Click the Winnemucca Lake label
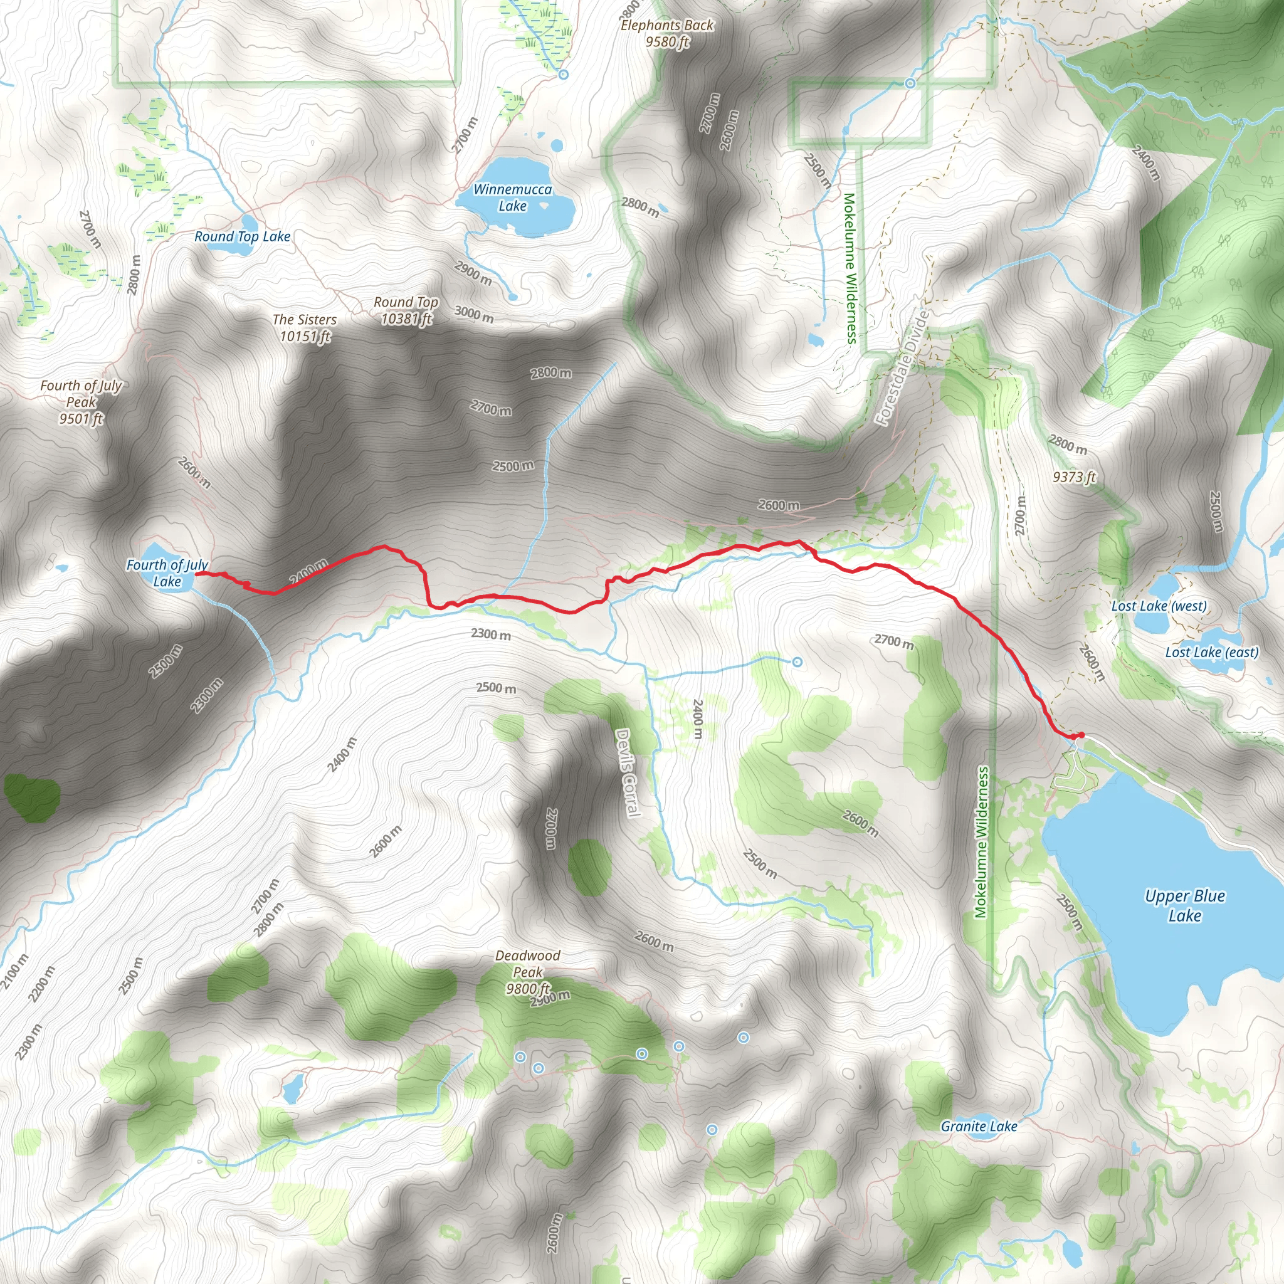(x=512, y=197)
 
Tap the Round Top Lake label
(x=242, y=236)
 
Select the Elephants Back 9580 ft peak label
(x=666, y=33)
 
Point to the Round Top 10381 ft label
(x=406, y=310)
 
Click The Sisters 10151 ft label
(x=304, y=328)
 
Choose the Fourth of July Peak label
(x=81, y=401)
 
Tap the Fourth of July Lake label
(x=167, y=573)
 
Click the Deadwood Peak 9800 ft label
(x=528, y=972)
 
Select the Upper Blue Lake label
(x=1185, y=905)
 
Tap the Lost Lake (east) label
(x=1211, y=652)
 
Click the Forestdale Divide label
(x=900, y=367)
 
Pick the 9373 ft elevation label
(x=1074, y=477)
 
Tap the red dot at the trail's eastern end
(x=1081, y=735)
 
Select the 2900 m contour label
(x=473, y=273)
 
